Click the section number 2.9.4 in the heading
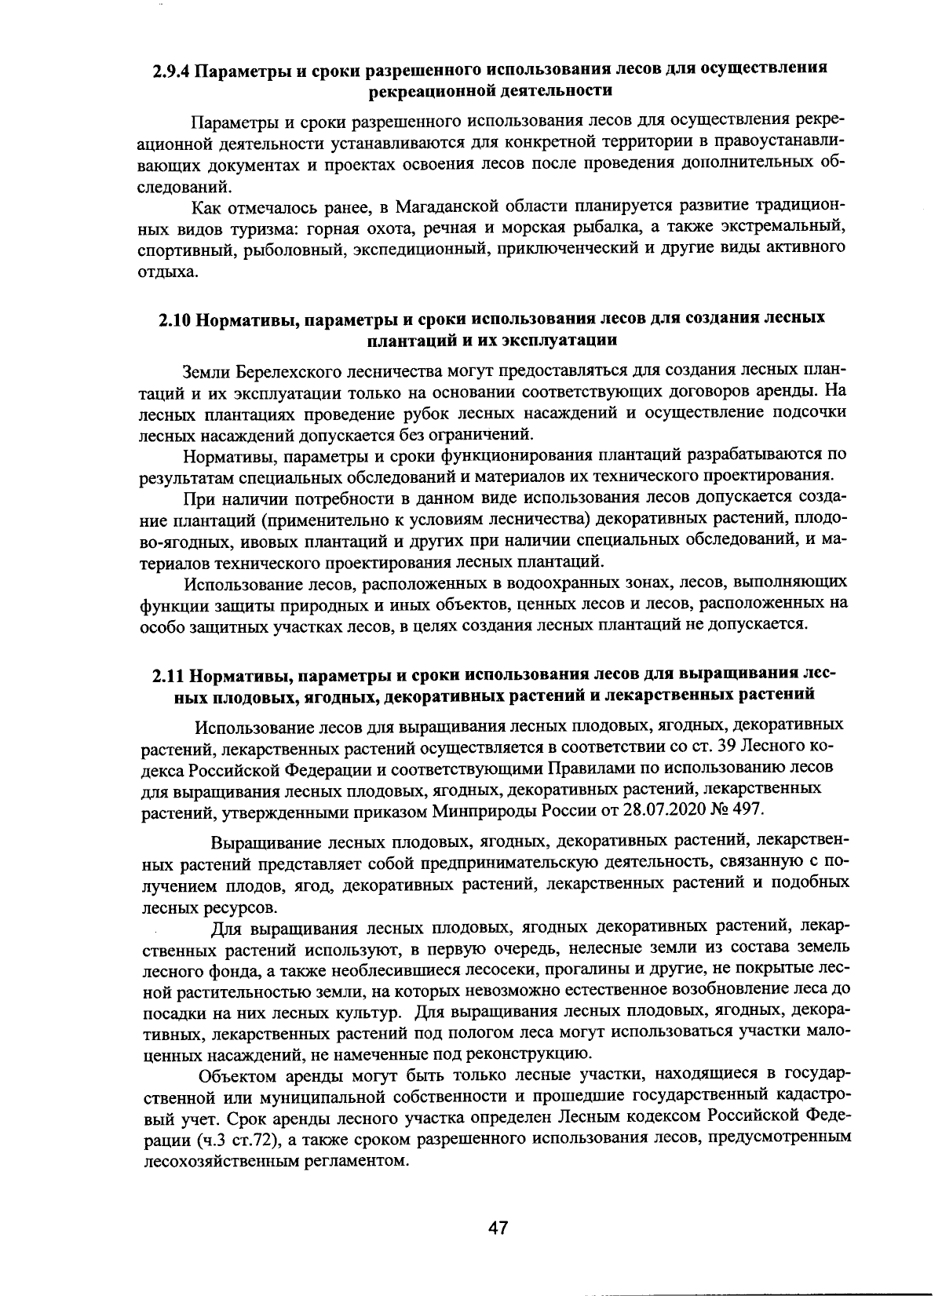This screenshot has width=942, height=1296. [x=170, y=69]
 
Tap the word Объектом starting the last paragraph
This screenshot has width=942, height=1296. [x=236, y=1075]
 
